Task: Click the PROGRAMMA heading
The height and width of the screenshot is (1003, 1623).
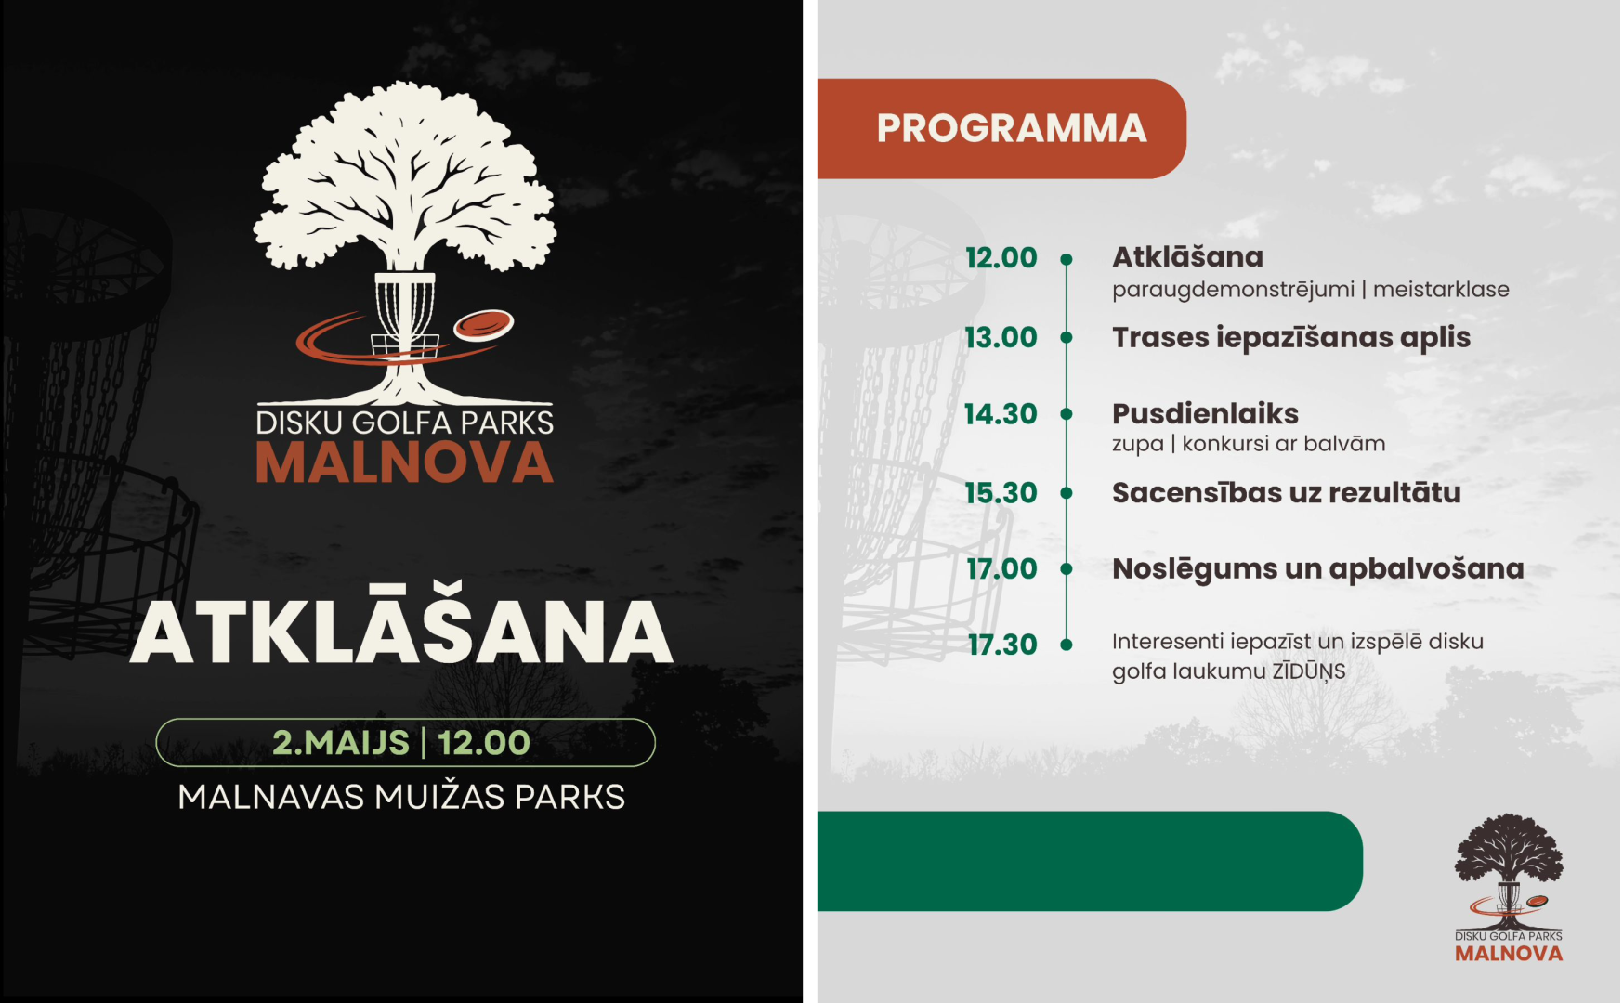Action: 1012,128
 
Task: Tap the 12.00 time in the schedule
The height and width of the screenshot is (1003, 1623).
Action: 1001,257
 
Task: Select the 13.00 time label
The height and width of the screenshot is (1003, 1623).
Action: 1001,337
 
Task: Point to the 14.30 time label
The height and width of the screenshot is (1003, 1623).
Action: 1001,413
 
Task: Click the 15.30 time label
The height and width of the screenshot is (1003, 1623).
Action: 1001,492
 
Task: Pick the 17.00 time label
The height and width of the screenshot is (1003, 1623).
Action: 1001,568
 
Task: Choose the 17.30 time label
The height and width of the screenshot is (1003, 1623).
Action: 1002,645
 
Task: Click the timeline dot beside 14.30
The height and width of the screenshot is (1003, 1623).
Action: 1067,414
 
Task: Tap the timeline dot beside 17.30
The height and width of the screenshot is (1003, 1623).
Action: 1067,645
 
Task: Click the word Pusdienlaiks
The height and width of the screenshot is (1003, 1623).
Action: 1205,413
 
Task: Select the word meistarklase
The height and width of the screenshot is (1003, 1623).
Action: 1441,290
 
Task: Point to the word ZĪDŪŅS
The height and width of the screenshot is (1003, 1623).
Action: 1308,671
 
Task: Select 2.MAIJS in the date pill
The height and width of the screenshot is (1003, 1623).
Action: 341,742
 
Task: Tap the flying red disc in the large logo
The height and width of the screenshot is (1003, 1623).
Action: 483,325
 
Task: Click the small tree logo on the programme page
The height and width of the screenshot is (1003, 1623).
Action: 1509,888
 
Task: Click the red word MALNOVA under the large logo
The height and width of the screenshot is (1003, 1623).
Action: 404,462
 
